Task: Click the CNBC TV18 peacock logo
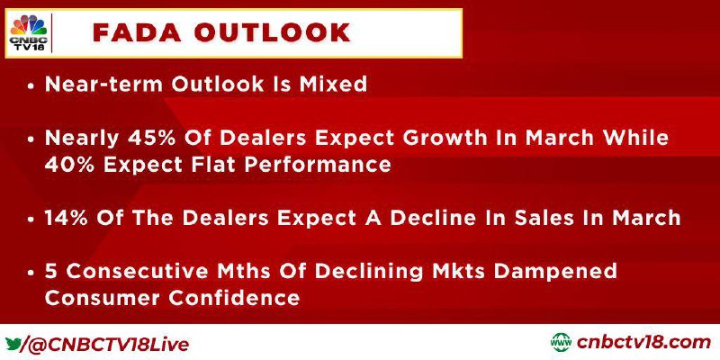[x=28, y=32]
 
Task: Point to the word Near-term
[x=104, y=85]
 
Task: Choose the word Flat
[x=211, y=165]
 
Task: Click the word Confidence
[x=234, y=298]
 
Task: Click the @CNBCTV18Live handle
[x=108, y=344]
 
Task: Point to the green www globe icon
[x=561, y=343]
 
